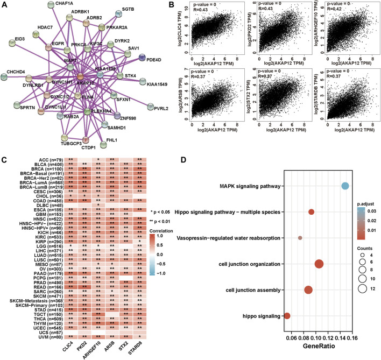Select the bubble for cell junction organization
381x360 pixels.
tap(319, 264)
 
